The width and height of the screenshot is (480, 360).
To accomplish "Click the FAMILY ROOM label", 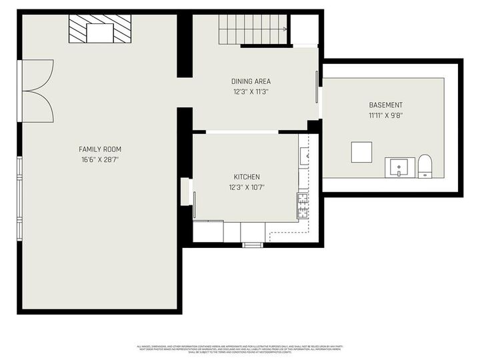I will (100, 149).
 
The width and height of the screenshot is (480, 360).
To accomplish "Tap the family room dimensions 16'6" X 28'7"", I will (100, 159).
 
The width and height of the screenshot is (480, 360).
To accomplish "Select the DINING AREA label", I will (251, 81).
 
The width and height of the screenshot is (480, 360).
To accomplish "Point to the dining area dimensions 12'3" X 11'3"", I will (251, 91).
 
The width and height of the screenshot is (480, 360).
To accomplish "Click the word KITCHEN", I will (246, 177).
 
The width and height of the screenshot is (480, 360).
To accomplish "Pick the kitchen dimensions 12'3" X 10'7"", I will (246, 187).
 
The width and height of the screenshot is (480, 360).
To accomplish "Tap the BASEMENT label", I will (385, 105).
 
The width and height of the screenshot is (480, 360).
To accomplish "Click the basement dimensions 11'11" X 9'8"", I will (385, 115).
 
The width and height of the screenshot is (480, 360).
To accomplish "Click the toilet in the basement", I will (425, 167).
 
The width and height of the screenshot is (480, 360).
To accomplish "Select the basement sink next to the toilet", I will (399, 167).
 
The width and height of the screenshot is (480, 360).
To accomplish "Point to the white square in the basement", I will (362, 153).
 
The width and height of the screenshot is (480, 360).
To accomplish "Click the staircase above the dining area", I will (253, 29).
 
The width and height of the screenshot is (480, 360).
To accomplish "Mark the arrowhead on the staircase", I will (285, 29).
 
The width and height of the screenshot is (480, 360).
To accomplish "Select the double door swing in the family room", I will (37, 91).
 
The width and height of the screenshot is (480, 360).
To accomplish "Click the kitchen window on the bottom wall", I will (253, 245).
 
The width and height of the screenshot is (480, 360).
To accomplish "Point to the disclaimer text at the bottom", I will (240, 349).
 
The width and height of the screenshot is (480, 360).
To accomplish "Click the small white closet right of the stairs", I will (305, 29).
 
